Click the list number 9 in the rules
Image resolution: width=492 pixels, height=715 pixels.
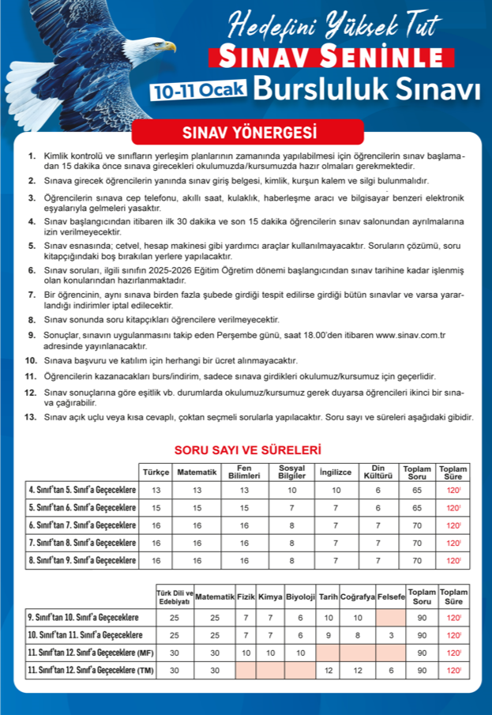tap(32, 335)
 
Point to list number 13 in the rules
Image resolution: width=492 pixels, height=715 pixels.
tap(32, 416)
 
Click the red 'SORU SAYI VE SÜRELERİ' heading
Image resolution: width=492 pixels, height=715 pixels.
tap(247, 450)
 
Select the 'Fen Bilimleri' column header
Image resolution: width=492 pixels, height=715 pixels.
tap(244, 472)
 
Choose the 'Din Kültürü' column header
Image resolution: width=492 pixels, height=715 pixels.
tap(377, 472)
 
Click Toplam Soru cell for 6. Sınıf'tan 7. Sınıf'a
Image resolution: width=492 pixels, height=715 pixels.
tap(417, 525)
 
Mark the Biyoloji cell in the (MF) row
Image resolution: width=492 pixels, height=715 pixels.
tap(300, 653)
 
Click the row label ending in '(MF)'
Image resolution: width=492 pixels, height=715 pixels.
tap(90, 653)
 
